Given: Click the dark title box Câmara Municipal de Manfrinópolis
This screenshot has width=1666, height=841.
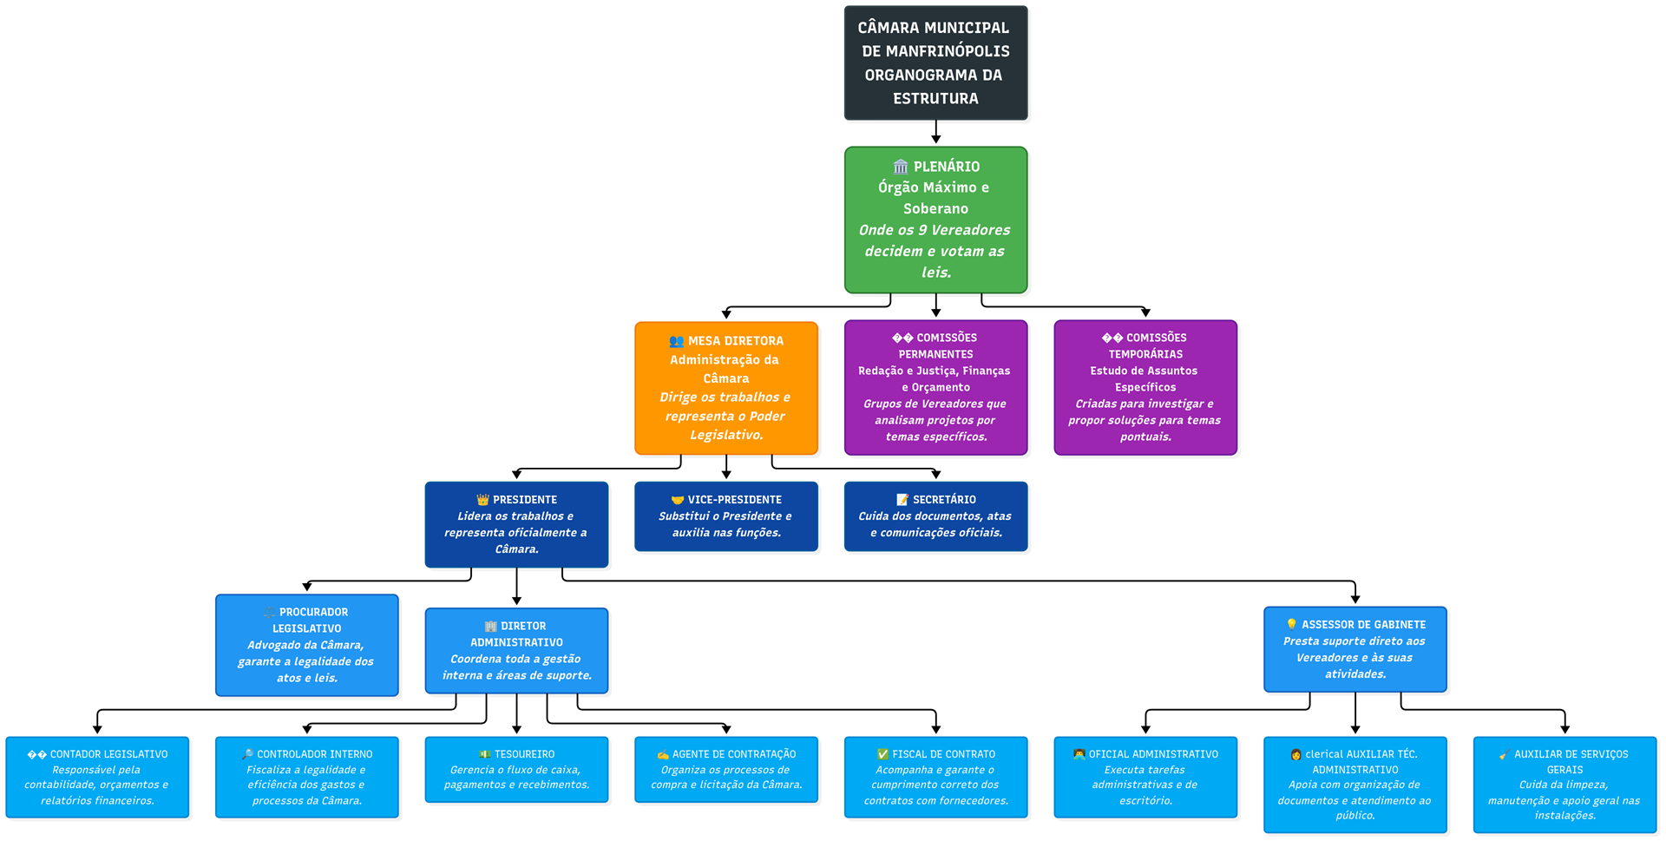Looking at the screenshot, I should pos(935,62).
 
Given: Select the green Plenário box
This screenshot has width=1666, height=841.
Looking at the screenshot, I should pos(935,220).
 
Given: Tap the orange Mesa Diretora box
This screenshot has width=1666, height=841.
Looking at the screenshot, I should pos(726,388).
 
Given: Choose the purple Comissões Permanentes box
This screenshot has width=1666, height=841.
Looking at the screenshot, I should pos(935,387).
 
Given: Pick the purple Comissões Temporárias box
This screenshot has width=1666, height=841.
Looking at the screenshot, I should pos(1145,387).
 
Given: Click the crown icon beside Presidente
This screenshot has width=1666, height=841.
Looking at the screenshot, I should pos(482,500).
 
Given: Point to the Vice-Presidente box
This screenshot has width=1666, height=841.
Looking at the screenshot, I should pos(726,516).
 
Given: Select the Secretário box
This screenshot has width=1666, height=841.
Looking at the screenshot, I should pos(935,516).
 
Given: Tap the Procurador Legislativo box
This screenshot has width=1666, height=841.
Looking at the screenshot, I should pos(307,645).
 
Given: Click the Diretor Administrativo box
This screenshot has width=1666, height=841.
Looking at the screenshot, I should pos(516,651).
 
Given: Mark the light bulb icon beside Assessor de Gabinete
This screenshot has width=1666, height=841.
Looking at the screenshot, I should pos(1291,625).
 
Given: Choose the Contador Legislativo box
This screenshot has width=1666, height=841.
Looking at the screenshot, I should pos(97,778).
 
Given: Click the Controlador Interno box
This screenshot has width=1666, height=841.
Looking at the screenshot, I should pos(307,778).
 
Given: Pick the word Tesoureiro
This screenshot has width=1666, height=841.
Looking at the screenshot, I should pos(524,755).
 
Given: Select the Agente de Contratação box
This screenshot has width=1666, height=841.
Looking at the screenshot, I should pos(726,770).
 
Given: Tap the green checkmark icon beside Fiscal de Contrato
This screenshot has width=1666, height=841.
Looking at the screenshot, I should pos(882,755).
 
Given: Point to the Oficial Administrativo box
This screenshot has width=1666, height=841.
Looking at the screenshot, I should pos(1145,778).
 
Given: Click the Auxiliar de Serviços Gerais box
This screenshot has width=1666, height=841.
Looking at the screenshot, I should pos(1564,785).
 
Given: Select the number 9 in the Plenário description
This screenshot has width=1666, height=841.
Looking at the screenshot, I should pos(922,230).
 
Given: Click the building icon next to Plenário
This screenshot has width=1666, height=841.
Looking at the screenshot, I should pos(901,167).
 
